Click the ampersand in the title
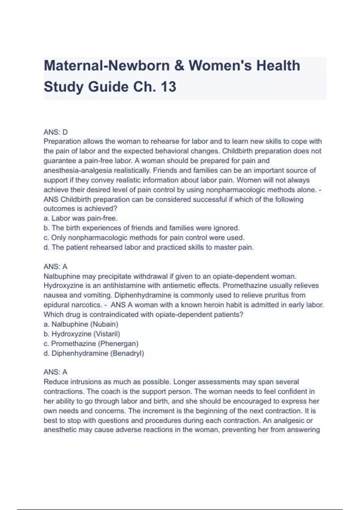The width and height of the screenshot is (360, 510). (179, 66)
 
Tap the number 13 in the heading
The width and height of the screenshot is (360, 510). (168, 87)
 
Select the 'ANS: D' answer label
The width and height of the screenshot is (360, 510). (55, 132)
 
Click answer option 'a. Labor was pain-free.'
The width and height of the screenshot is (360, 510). (80, 218)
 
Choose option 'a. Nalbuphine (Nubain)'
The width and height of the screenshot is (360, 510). (81, 324)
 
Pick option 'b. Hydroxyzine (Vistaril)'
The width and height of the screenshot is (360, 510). (82, 334)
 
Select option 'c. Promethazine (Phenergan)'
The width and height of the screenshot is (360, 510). (91, 343)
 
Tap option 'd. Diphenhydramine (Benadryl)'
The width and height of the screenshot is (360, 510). (94, 353)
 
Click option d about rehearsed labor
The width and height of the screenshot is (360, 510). (148, 247)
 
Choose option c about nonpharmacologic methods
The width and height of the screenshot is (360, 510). (144, 238)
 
